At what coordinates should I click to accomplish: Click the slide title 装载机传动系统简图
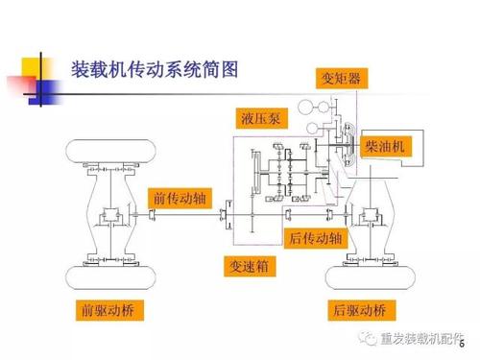[155, 70]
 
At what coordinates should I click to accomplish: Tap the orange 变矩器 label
[342, 78]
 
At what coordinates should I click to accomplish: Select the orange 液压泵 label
[261, 118]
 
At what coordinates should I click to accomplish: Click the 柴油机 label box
[386, 147]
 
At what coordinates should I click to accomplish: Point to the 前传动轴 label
[180, 199]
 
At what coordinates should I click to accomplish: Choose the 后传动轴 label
[316, 238]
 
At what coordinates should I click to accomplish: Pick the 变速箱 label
[250, 266]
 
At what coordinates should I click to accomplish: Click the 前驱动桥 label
[109, 310]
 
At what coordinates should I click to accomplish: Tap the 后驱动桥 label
[362, 310]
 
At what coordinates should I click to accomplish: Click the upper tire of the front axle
[110, 151]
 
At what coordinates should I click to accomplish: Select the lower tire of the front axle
[110, 277]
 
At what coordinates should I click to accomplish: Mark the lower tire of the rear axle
[371, 277]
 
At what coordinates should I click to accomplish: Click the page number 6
[462, 344]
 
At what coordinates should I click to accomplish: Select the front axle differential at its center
[110, 214]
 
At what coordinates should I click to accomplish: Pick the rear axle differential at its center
[371, 214]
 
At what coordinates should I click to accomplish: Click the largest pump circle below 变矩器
[305, 107]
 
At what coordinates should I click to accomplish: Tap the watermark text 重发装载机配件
[421, 339]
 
